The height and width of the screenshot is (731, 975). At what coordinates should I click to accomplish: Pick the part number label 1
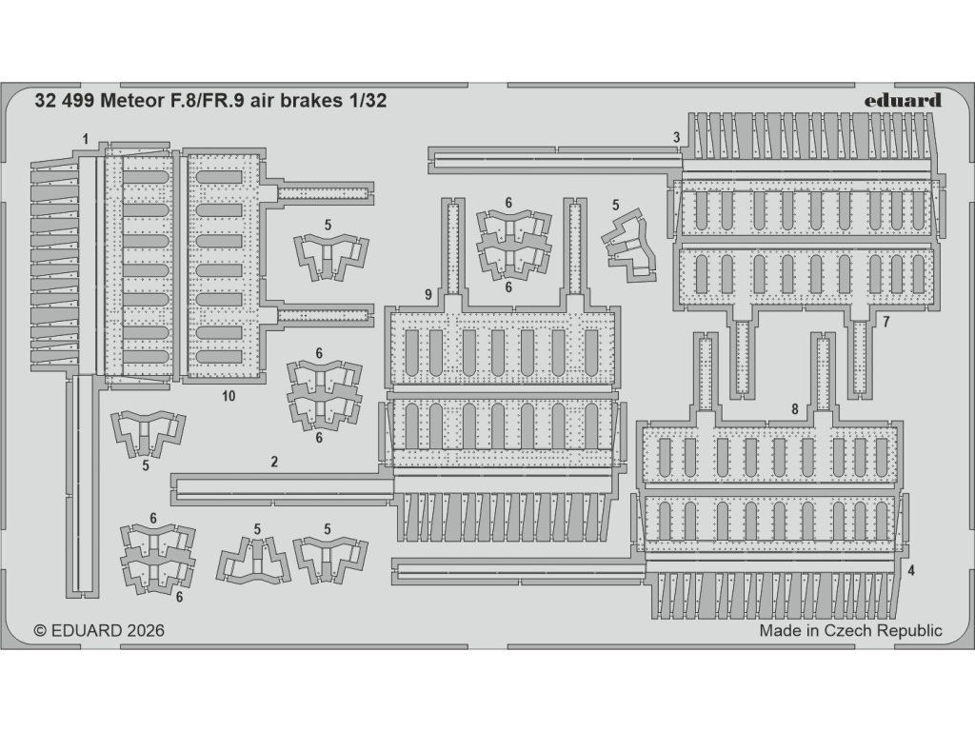click(x=86, y=139)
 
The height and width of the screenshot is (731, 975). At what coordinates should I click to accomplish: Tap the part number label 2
click(x=274, y=463)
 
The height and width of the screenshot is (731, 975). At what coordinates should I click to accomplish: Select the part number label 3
click(x=676, y=138)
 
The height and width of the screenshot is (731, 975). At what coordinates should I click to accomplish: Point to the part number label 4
click(x=911, y=571)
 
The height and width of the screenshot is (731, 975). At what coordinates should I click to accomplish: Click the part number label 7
click(x=885, y=322)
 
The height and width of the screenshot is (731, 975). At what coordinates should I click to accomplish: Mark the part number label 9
click(x=428, y=294)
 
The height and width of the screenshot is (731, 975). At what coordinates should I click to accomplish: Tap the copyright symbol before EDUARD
click(x=39, y=630)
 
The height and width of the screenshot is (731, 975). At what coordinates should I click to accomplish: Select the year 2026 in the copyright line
click(x=143, y=630)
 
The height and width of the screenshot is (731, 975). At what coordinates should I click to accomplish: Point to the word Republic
click(x=910, y=630)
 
